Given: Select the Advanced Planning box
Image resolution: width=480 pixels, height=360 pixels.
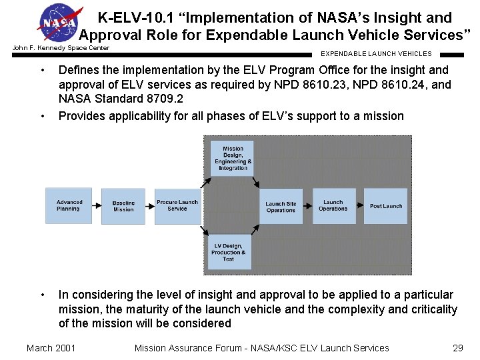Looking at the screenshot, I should (x=69, y=206).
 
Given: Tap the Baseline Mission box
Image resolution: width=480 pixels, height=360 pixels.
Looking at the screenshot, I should (x=123, y=207).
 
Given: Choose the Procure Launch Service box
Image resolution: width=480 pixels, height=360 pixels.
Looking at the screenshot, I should (x=177, y=206).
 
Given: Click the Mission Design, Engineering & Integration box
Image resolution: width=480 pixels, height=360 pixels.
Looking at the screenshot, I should (x=233, y=159).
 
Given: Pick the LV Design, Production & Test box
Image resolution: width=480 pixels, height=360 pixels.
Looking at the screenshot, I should (x=229, y=252).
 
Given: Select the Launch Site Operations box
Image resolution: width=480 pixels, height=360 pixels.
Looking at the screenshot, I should (x=281, y=207).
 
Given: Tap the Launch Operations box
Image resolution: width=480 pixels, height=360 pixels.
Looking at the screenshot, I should (x=333, y=206).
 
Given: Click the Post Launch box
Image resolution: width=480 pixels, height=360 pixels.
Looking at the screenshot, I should (x=386, y=206).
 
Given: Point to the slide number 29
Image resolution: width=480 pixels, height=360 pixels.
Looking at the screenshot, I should (x=457, y=348).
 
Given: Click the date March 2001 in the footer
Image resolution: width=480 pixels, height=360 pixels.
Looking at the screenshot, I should (x=51, y=348).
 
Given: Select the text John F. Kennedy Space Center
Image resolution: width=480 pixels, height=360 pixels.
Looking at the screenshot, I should (x=61, y=48).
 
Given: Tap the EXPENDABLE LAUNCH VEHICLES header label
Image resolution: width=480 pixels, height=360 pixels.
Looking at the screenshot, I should (x=376, y=54).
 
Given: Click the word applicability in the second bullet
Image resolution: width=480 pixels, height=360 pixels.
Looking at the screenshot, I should (x=140, y=116).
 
